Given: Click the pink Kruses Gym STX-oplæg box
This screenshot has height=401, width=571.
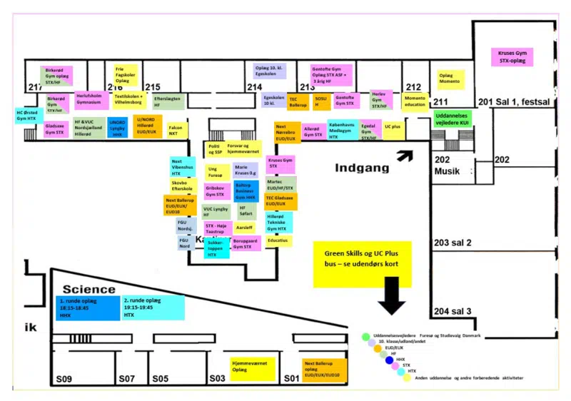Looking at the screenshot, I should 515,57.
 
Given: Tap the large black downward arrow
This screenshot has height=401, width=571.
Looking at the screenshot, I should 392,294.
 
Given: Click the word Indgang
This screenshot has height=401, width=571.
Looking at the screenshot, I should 363,168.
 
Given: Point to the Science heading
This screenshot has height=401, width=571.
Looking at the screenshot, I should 89,289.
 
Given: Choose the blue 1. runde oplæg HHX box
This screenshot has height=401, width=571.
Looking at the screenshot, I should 88,308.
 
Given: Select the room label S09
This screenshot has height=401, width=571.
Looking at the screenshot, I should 65,378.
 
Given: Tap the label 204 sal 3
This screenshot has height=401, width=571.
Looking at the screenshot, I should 453,311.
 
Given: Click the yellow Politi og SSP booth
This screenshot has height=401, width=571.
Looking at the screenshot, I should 213,148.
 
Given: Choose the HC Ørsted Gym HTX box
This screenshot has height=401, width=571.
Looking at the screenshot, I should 27,115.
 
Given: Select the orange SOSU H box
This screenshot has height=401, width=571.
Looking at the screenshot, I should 321,101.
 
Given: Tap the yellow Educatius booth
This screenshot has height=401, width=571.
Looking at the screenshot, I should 278,240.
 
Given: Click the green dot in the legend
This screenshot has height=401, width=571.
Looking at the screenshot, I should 365,336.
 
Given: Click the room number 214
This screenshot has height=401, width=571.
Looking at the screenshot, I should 255,86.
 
